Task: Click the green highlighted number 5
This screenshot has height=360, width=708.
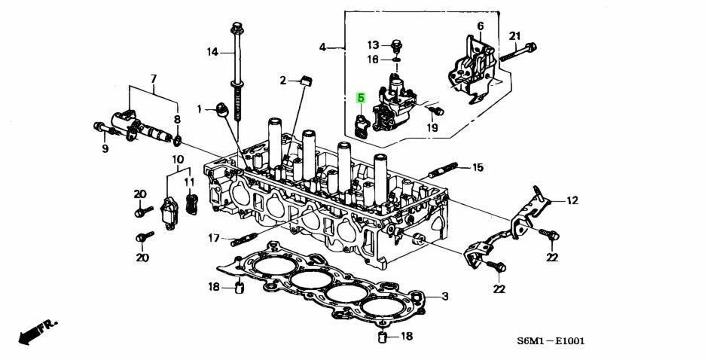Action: coord(361,97)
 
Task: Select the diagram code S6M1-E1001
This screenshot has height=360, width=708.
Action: coord(551,341)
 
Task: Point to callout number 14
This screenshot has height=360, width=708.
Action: coord(212,52)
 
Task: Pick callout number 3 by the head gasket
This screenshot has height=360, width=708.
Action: coord(445,296)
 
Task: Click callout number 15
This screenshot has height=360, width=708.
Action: coord(477,167)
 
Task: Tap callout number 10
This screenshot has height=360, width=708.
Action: coord(177,159)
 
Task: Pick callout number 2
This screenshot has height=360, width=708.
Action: coord(284,80)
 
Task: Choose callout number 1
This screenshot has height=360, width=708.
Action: coord(200,109)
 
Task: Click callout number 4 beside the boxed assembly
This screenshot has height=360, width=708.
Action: coord(322,47)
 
